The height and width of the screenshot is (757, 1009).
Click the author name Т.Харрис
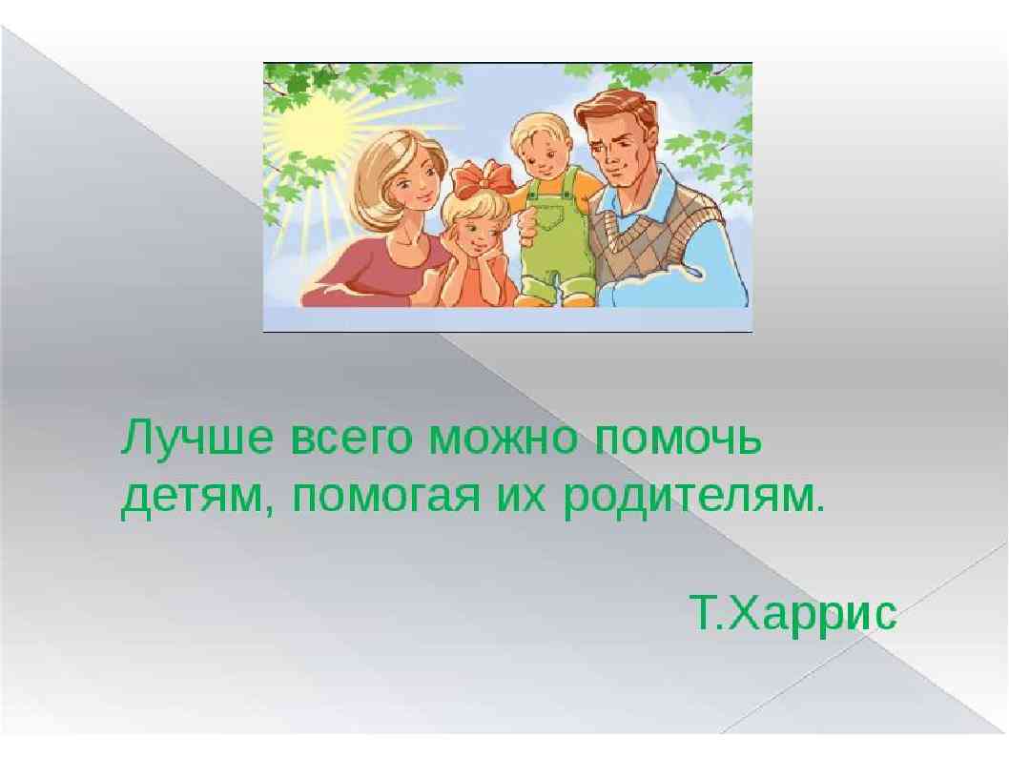coord(793,613)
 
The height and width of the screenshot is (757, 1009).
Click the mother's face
coord(413,180)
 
